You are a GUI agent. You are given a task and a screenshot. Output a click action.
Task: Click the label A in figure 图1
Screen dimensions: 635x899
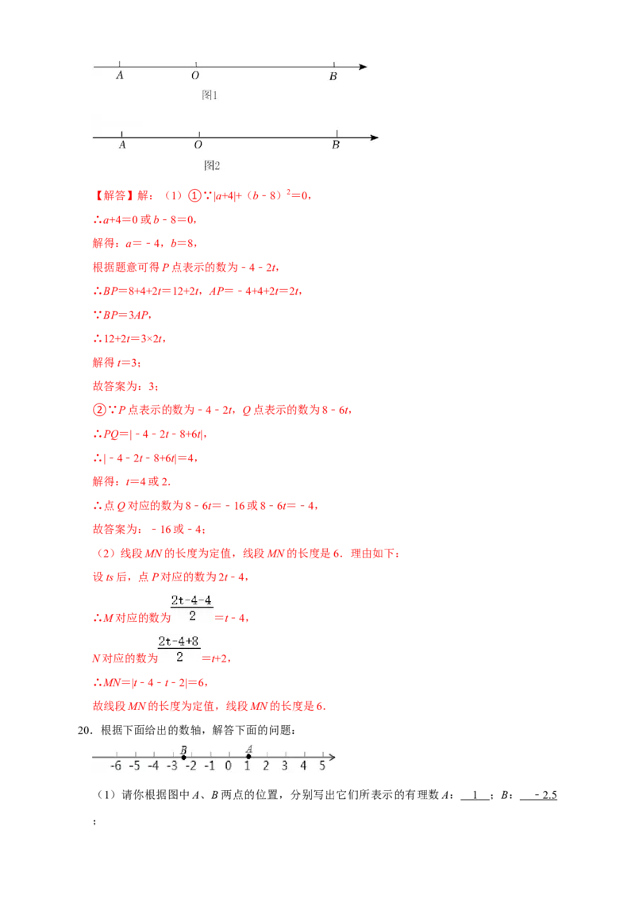pyautogui.click(x=120, y=75)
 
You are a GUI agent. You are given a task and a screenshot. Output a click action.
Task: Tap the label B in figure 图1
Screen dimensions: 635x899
pyautogui.click(x=333, y=76)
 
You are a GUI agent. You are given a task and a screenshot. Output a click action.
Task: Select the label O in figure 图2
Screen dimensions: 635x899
pyautogui.click(x=198, y=145)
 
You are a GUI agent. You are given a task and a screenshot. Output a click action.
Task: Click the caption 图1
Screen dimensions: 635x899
pyautogui.click(x=210, y=95)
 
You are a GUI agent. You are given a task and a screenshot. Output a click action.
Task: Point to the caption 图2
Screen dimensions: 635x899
pyautogui.click(x=212, y=166)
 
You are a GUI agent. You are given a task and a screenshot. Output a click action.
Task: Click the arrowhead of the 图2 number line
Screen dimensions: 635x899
pyautogui.click(x=375, y=137)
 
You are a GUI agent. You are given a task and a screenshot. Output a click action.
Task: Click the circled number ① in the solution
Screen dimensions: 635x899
pyautogui.click(x=194, y=195)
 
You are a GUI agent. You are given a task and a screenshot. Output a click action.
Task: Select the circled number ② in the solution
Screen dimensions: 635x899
pyautogui.click(x=99, y=409)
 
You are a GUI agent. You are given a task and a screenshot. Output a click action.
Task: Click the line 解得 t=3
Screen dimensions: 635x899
pyautogui.click(x=117, y=362)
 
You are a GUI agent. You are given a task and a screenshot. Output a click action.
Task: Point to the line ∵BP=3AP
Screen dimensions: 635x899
pyautogui.click(x=122, y=314)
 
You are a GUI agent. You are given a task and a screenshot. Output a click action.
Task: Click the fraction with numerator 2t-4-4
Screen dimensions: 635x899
pyautogui.click(x=192, y=608)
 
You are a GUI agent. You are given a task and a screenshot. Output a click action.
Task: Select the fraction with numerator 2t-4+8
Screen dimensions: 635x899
pyautogui.click(x=179, y=649)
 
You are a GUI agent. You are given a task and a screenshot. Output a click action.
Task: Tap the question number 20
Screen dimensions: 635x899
pyautogui.click(x=85, y=730)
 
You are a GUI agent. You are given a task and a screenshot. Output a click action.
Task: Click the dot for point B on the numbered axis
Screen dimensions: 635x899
pyautogui.click(x=183, y=757)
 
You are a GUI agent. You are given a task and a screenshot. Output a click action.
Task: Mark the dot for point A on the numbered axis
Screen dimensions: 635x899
pyautogui.click(x=248, y=756)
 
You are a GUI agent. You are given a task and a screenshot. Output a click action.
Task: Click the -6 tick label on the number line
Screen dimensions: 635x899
pyautogui.click(x=116, y=766)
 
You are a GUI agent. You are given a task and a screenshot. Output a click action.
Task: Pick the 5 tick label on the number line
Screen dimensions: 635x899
pyautogui.click(x=322, y=766)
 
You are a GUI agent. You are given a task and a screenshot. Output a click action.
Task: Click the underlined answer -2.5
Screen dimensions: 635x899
pyautogui.click(x=545, y=795)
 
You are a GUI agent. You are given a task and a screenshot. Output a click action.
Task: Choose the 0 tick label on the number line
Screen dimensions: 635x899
pyautogui.click(x=228, y=766)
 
